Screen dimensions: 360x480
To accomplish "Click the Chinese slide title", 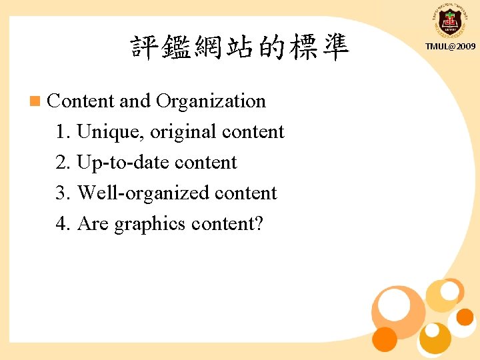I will (240, 48).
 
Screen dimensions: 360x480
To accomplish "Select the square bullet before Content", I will (35, 101).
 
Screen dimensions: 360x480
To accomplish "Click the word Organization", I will (211, 101).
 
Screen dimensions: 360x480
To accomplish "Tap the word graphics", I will (150, 224).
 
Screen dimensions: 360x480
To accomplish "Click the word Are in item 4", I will (93, 224).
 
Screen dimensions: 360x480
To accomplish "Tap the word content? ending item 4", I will (227, 224).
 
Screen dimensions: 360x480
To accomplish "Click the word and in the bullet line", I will (135, 101).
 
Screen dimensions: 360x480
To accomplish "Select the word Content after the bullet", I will (81, 101).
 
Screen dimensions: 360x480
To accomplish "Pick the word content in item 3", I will (245, 193).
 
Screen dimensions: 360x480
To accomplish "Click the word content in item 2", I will (205, 163).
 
